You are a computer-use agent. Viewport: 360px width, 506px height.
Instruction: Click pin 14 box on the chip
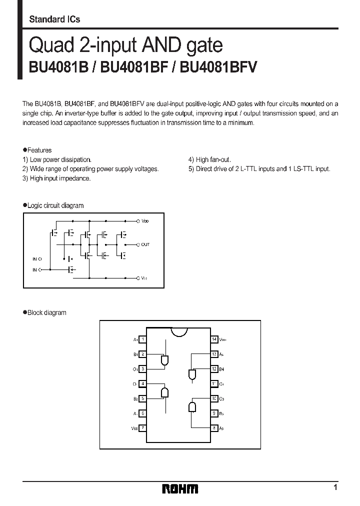tap(214, 339)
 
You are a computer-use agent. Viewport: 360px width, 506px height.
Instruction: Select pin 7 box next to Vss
tap(142, 428)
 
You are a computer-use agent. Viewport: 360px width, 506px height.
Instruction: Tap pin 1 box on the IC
tap(142, 339)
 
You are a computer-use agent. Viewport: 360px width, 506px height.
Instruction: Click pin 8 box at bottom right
tap(214, 428)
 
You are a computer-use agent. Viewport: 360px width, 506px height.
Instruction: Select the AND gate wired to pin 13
tap(192, 374)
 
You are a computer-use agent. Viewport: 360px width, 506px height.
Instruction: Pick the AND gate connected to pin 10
tap(192, 407)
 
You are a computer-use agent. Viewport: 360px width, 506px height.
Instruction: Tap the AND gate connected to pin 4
tap(164, 392)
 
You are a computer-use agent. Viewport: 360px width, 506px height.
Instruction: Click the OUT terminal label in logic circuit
tap(145, 244)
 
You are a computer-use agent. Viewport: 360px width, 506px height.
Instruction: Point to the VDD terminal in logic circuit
tap(145, 220)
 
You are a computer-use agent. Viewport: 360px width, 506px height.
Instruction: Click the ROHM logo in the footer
tap(180, 488)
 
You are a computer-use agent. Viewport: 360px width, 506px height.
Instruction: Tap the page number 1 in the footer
tap(335, 487)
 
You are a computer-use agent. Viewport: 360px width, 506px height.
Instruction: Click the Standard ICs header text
tap(54, 19)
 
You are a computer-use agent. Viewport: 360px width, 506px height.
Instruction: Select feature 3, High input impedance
tap(56, 178)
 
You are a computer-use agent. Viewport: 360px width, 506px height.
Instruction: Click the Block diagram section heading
tap(46, 312)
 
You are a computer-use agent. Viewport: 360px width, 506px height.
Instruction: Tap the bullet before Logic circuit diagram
tap(24, 205)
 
